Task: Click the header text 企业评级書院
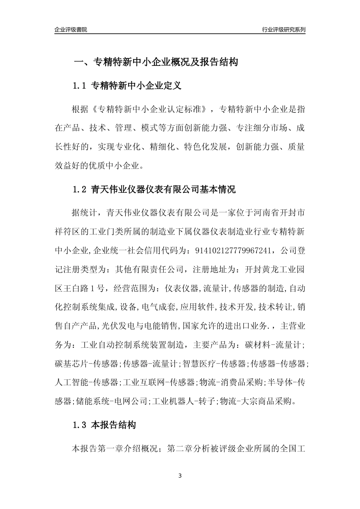[71, 30]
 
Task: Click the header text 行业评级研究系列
[283, 30]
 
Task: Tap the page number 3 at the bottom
[180, 476]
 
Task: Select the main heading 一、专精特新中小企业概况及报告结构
[155, 62]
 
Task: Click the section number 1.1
[80, 86]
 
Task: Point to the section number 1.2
[80, 189]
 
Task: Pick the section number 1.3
[80, 425]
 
